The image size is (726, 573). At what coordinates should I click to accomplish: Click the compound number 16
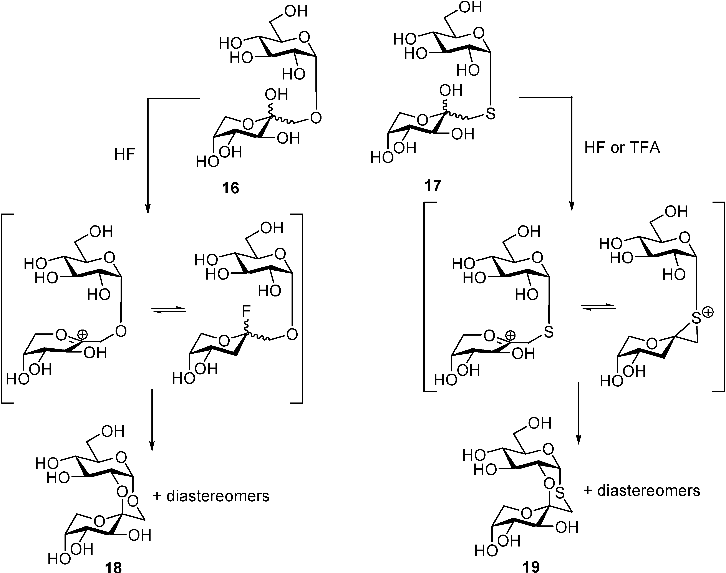pos(230,188)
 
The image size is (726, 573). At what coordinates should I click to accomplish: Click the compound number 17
pos(433,185)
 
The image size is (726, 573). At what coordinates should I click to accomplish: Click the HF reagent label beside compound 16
pos(124,155)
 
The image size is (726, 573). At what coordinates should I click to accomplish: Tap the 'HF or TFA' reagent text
pos(622,148)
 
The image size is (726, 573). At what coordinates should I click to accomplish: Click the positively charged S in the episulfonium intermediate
pos(696,319)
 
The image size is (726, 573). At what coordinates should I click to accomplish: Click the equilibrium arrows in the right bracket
pos(598,307)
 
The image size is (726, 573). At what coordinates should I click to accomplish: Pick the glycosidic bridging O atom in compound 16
pos(315,118)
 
